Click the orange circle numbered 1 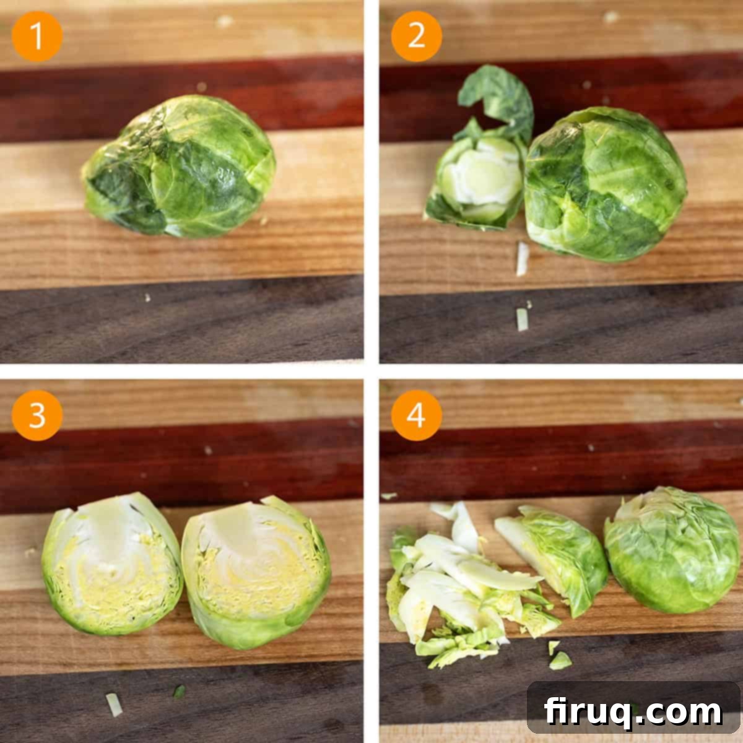37,37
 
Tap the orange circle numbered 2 417,37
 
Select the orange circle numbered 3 37,415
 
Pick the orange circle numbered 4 417,415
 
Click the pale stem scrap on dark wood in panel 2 522,319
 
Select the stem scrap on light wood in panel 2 522,259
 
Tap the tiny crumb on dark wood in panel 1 147,298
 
